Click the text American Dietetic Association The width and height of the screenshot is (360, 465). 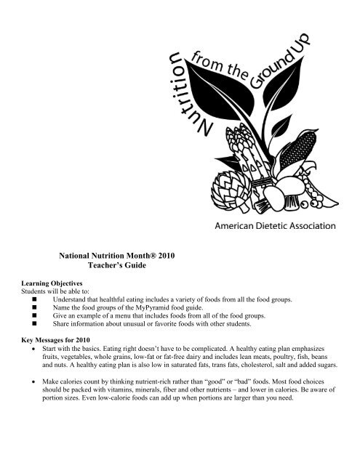[x=273, y=225]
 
